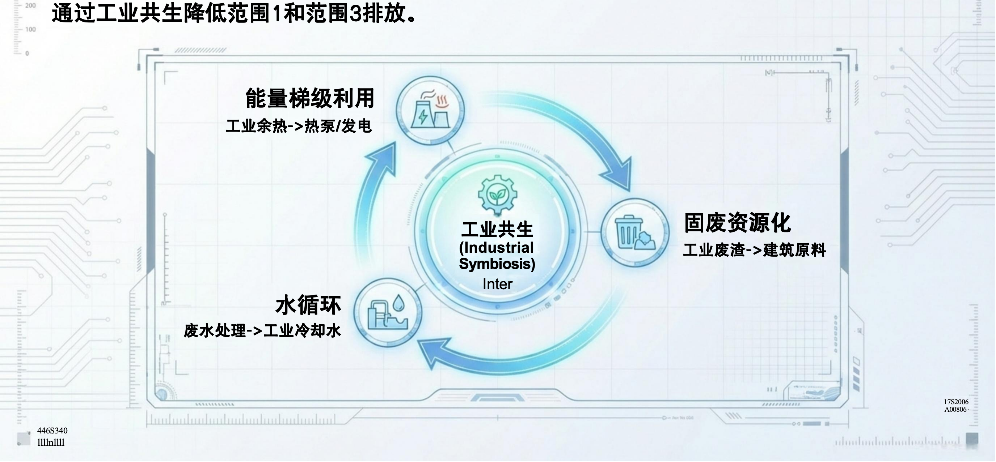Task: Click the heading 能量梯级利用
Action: coord(310,98)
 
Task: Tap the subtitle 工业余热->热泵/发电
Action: coord(299,126)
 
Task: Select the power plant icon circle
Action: coord(430,111)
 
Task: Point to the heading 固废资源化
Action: coord(737,223)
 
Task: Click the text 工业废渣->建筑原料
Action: coord(754,250)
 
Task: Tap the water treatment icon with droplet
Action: coord(388,312)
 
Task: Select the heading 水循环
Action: coord(308,305)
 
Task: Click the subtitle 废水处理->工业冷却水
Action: coord(262,331)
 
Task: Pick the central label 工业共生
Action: coord(497,230)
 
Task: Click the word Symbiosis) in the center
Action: coord(497,264)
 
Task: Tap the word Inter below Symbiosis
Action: coord(497,284)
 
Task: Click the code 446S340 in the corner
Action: coord(52,431)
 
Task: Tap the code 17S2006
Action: coord(956,402)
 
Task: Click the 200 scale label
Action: coord(30,6)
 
